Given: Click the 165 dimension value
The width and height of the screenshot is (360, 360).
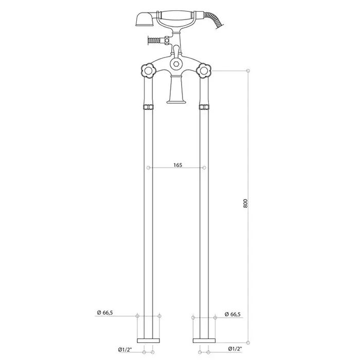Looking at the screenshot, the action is click(x=178, y=165).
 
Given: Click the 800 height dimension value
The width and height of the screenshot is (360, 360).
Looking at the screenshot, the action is click(x=245, y=204).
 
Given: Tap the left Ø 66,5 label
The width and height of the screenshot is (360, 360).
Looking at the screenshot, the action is click(x=105, y=313).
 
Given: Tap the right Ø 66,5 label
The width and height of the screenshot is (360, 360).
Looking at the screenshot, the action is click(x=233, y=314).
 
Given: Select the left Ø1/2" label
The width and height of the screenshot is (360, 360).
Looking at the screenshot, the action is click(x=125, y=350).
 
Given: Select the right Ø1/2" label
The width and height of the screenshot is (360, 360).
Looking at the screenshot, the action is click(x=235, y=349).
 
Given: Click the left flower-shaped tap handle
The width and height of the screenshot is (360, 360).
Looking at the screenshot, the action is click(x=148, y=71).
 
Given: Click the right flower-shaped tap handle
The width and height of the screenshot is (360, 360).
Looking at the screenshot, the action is click(x=204, y=71).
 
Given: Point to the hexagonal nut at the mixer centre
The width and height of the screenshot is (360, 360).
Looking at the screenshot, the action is click(x=176, y=64).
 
